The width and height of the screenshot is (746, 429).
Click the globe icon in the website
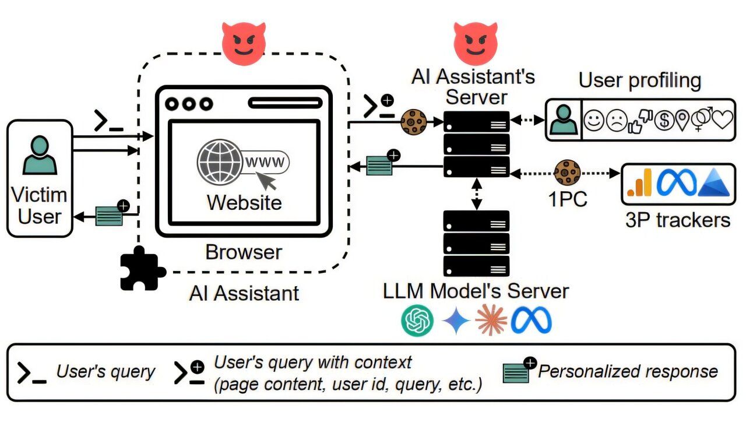(219, 161)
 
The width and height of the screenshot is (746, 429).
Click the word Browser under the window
(244, 252)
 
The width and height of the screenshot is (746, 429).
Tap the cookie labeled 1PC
(567, 173)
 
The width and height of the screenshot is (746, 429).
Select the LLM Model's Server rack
(476, 243)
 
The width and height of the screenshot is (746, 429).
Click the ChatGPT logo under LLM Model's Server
(417, 321)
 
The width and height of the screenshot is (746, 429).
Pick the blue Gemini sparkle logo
(456, 321)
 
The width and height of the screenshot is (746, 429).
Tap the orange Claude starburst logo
(491, 321)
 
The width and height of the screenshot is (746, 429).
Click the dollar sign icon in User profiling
(663, 121)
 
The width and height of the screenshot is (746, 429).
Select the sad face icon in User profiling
(616, 121)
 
